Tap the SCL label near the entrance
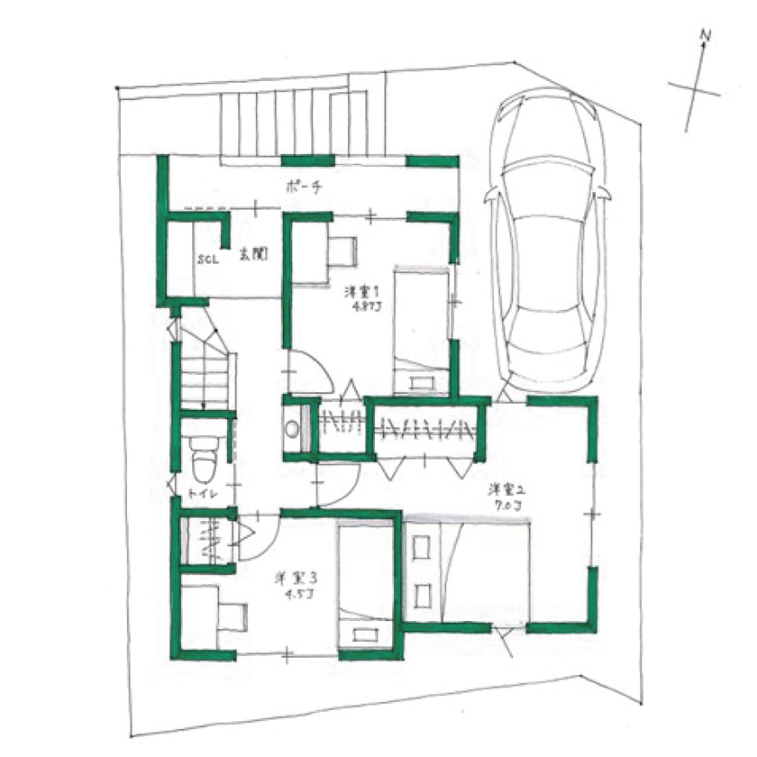pyautogui.click(x=210, y=259)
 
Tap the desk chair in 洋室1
pyautogui.click(x=342, y=251)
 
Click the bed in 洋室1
pyautogui.click(x=422, y=330)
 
